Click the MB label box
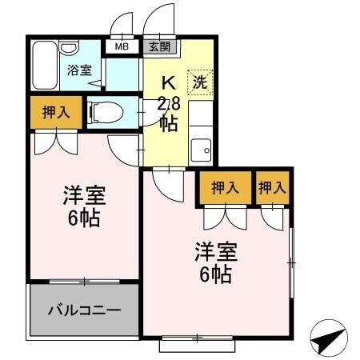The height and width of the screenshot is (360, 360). click(122, 46)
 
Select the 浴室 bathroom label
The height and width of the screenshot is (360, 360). click(78, 70)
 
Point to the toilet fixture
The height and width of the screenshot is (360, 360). click(105, 112)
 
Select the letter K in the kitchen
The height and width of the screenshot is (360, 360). click(170, 82)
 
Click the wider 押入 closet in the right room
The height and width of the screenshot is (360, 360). click(226, 188)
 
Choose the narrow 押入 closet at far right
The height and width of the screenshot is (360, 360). click(272, 188)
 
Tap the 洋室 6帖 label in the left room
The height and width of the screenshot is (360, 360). click(83, 206)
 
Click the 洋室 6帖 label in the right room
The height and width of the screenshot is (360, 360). click(214, 264)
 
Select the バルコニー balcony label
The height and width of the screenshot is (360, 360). click(83, 310)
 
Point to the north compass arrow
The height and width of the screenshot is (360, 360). click(329, 339)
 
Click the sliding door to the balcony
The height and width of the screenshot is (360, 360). click(82, 281)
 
